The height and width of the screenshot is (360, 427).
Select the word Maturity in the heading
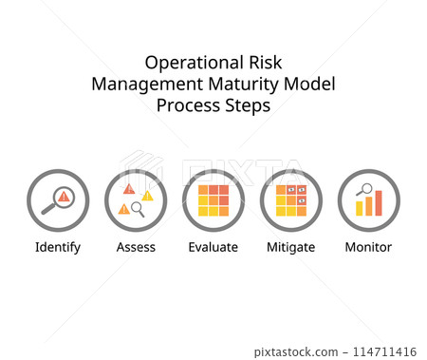click(246, 84)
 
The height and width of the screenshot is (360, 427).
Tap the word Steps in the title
click(247, 105)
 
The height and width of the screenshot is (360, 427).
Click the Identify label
click(58, 247)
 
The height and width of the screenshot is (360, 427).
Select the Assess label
click(136, 247)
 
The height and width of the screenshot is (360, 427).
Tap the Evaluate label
click(213, 247)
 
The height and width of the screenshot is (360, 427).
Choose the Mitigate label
click(290, 247)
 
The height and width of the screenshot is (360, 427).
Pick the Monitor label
click(368, 247)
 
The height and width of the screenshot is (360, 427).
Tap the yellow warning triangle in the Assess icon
click(147, 196)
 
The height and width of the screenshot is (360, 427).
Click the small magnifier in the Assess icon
click(138, 208)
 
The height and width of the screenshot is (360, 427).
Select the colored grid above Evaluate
click(213, 200)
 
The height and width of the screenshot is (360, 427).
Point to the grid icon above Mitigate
click(291, 200)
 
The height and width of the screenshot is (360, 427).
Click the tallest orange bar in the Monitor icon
click(379, 202)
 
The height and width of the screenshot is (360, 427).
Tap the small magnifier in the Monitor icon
click(362, 189)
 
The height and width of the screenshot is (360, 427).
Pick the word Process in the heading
click(187, 105)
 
